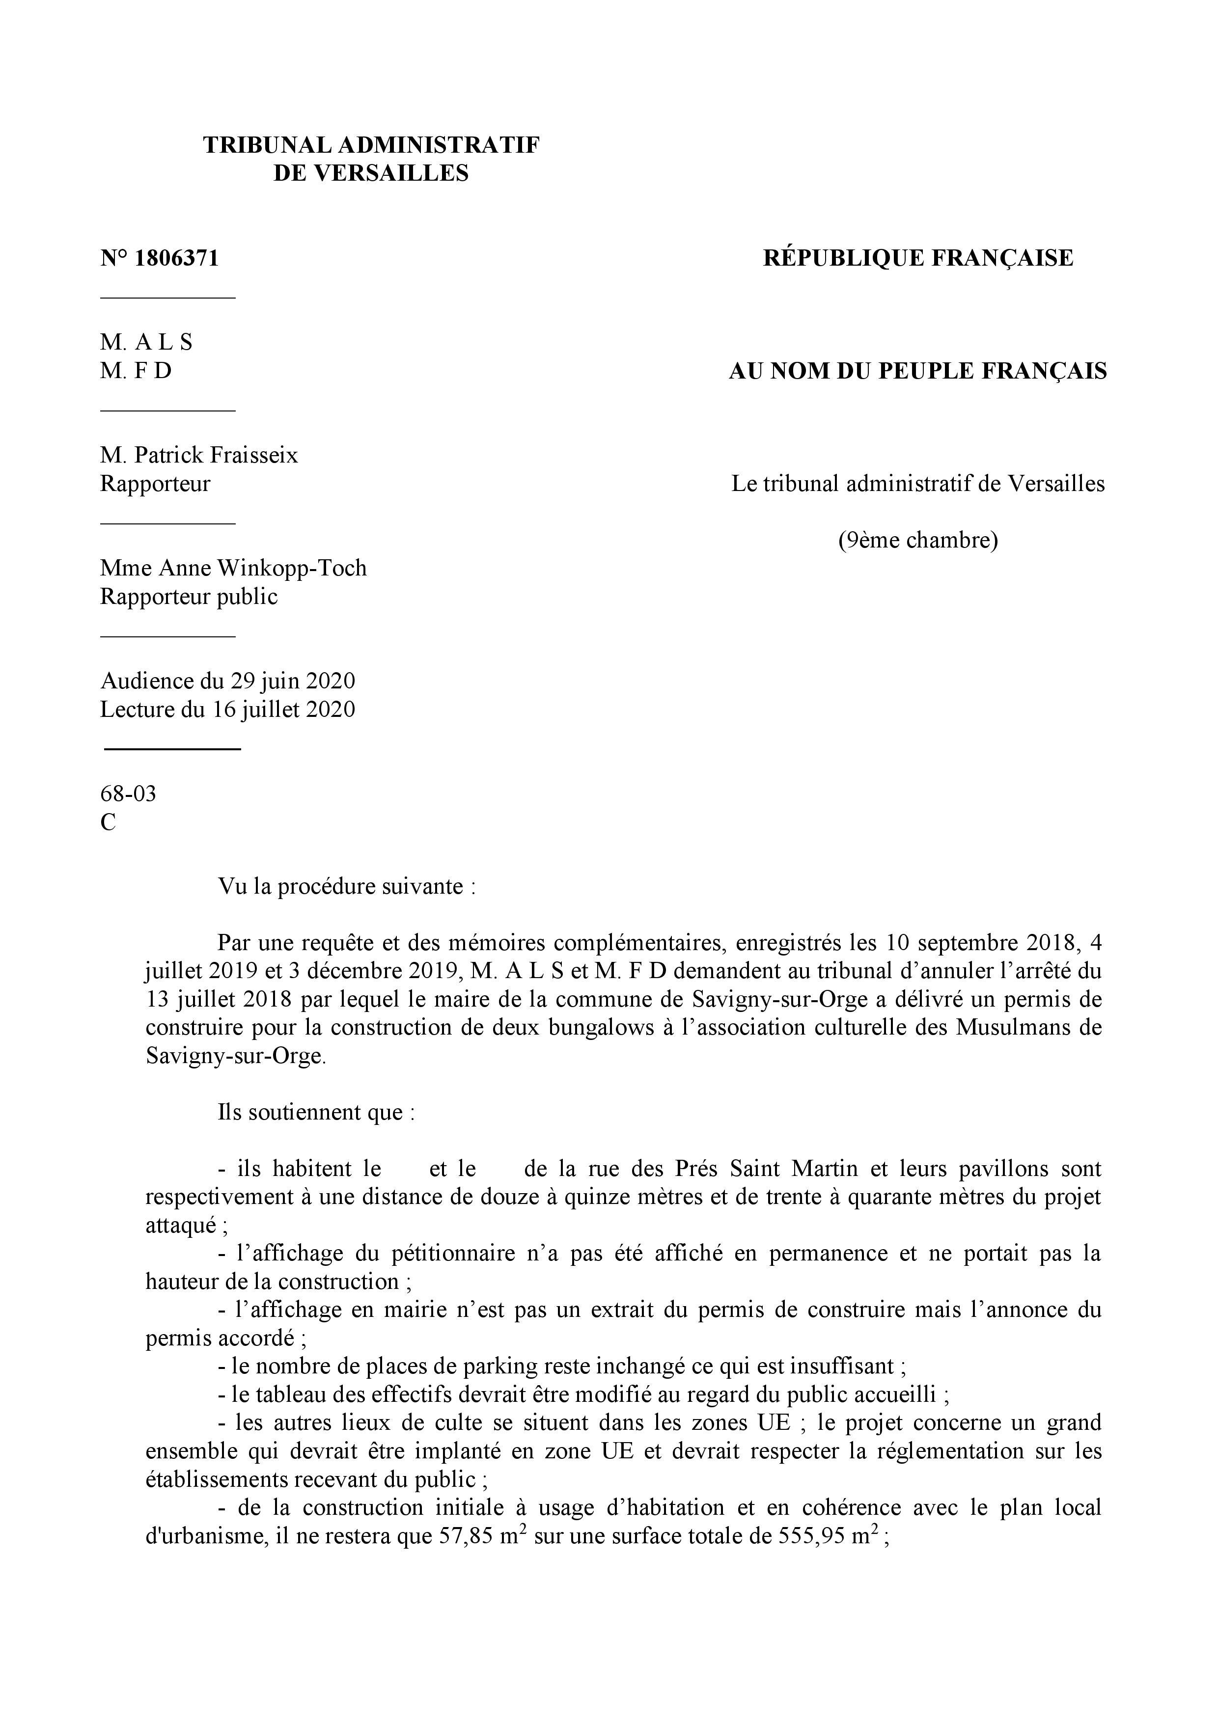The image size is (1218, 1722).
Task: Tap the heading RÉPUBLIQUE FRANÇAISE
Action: (x=918, y=259)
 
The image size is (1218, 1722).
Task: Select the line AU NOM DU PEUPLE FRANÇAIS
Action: (x=918, y=371)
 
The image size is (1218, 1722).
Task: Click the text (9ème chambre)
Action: (x=918, y=540)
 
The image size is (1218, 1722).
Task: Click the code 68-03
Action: (x=128, y=793)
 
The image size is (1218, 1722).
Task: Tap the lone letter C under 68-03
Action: (x=108, y=823)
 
